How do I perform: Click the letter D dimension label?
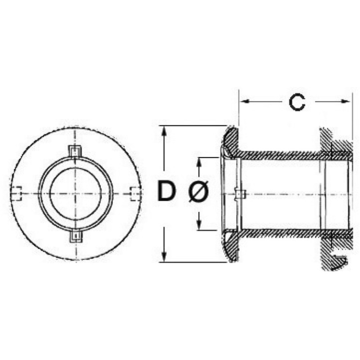(x=167, y=191)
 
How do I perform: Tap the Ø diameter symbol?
(x=198, y=191)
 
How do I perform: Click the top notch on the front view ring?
(x=75, y=151)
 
